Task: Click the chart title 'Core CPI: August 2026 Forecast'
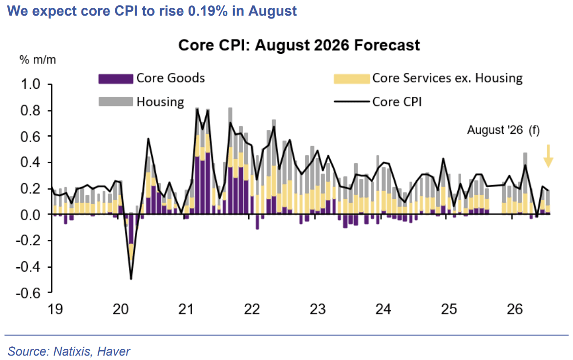pos(299,45)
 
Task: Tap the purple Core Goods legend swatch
pos(115,79)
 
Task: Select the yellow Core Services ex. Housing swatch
pos(352,79)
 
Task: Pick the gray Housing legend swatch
pos(115,101)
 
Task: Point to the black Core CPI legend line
pos(352,102)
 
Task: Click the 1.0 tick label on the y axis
pos(30,85)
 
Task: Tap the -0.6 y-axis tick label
pos(28,293)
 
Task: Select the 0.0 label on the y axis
pos(30,214)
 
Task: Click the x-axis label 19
pos(55,310)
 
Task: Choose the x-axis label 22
pos(252,310)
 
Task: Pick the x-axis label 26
pos(515,310)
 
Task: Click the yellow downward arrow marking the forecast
pos(548,156)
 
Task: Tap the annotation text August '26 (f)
pos(503,130)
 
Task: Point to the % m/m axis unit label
pos(38,60)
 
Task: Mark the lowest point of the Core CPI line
pos(131,279)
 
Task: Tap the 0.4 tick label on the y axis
pos(30,163)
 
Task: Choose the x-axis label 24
pos(383,310)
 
